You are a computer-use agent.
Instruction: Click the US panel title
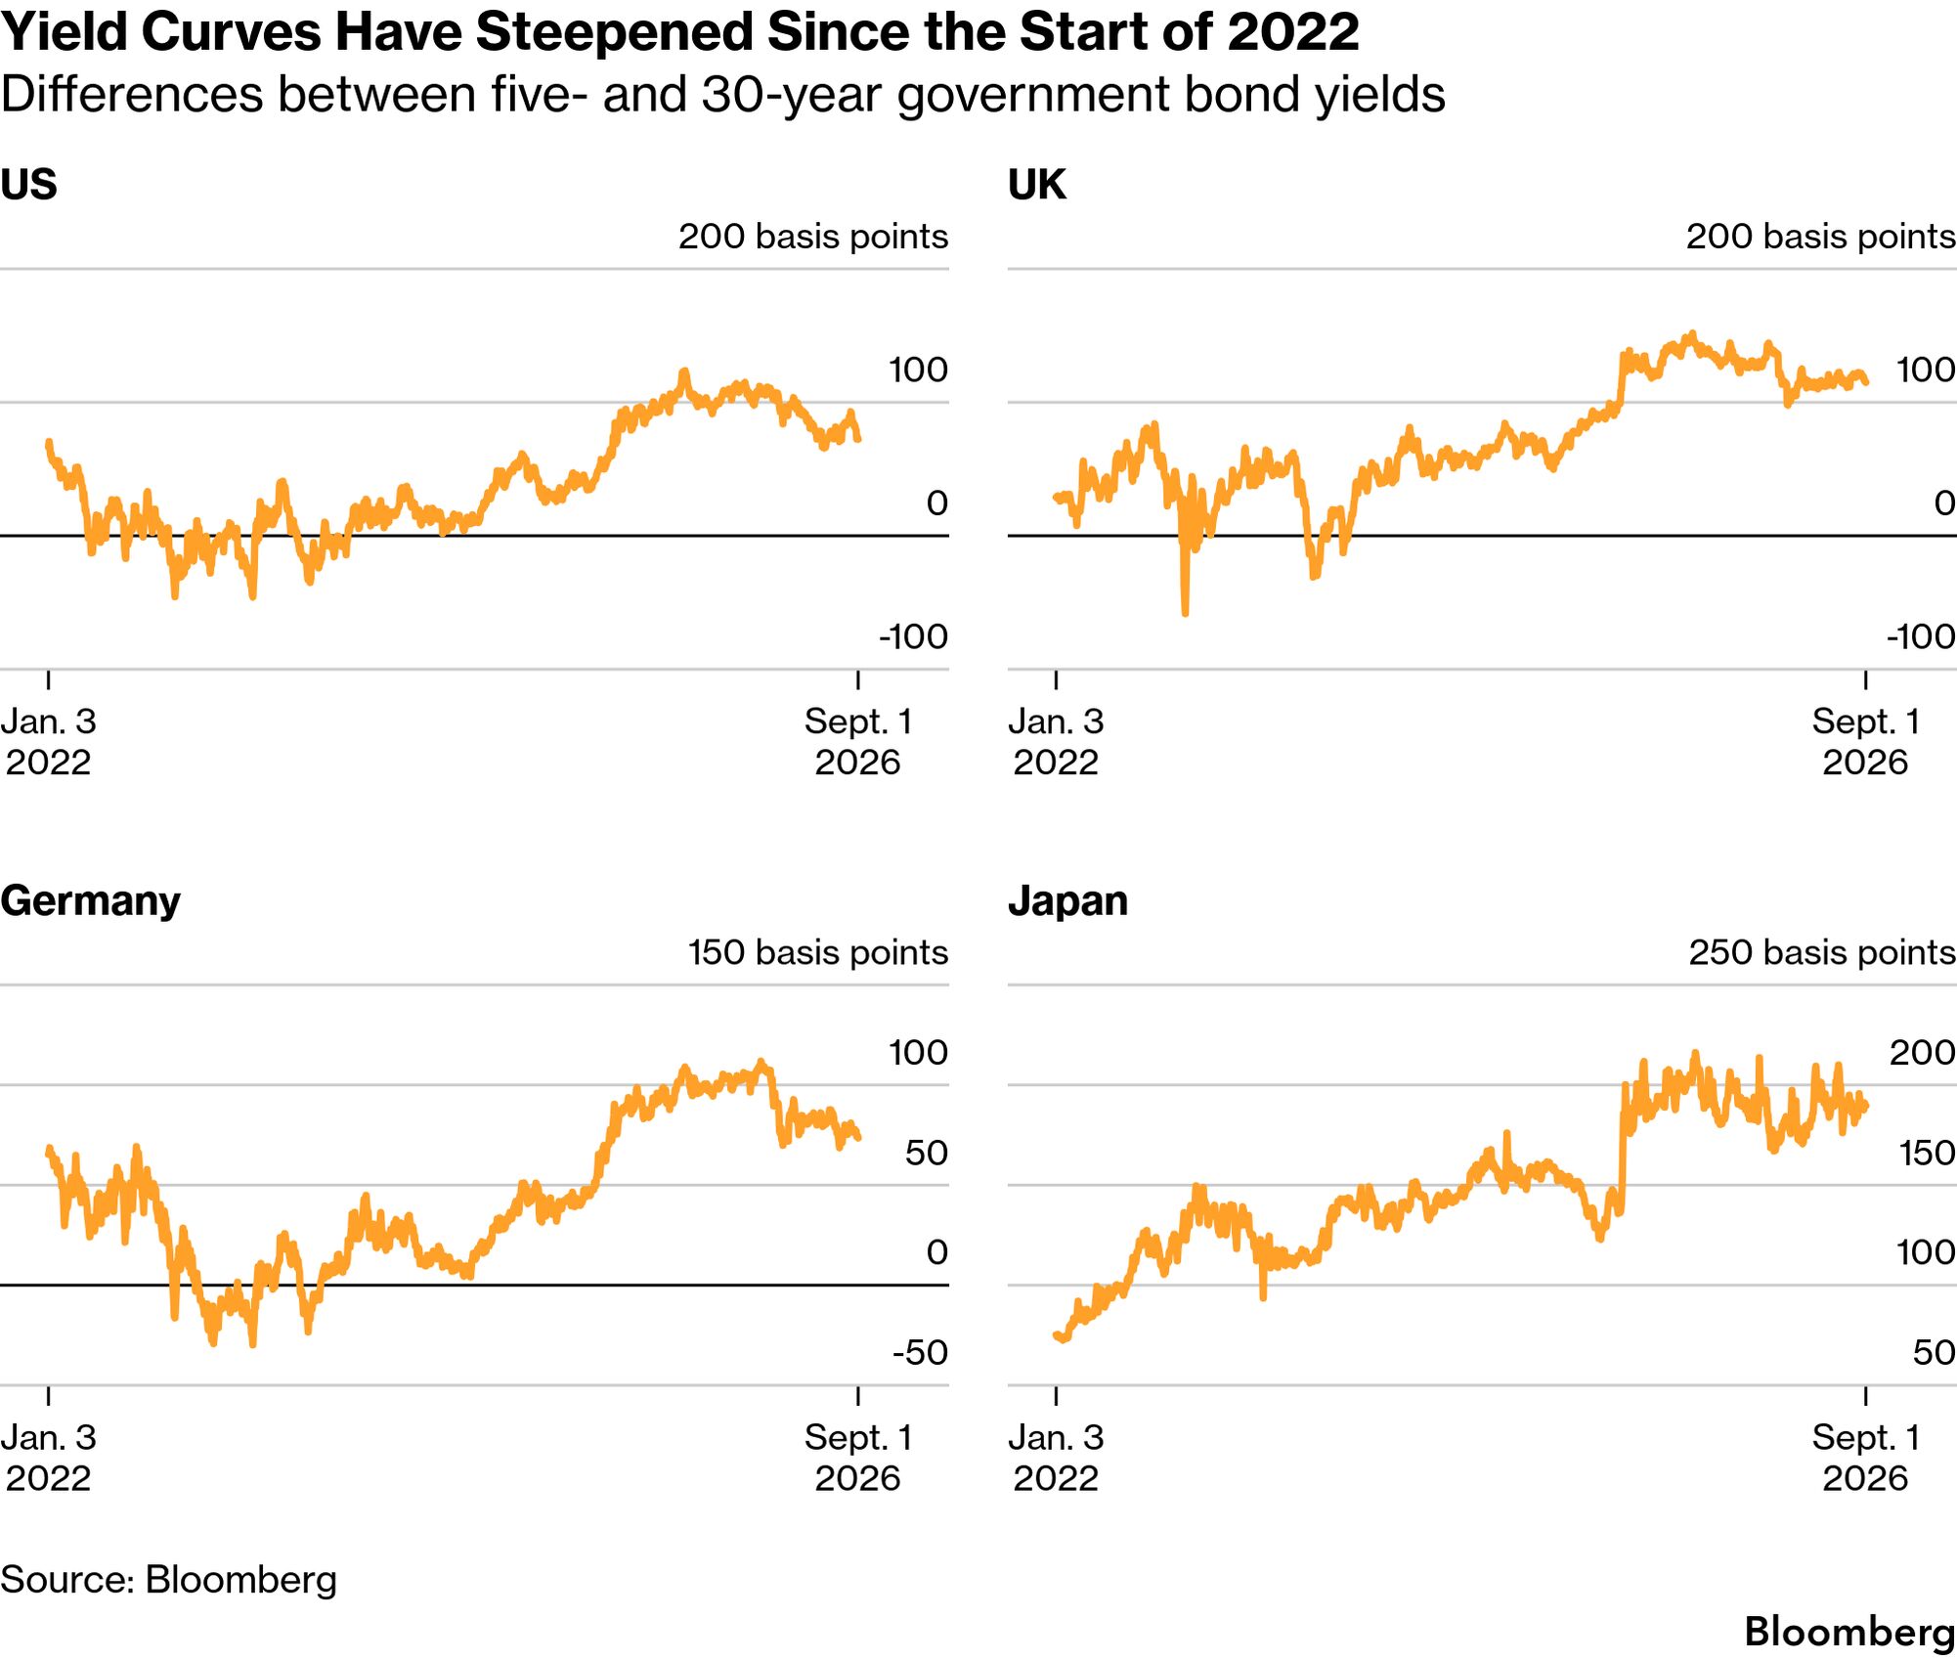click(x=28, y=184)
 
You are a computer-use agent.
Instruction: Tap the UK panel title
click(x=1036, y=184)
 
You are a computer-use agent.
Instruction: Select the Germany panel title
click(x=90, y=901)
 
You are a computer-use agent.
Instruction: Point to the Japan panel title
click(x=1067, y=901)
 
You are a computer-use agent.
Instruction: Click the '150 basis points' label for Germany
click(x=818, y=952)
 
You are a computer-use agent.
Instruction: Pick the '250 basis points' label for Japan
click(x=1822, y=952)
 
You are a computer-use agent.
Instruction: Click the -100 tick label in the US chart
click(x=913, y=636)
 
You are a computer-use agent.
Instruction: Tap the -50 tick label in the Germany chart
click(x=920, y=1352)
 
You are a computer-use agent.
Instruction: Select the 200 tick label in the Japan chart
click(x=1922, y=1052)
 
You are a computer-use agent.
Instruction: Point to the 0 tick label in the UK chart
click(x=1944, y=502)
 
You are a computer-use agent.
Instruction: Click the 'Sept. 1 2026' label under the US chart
click(x=857, y=742)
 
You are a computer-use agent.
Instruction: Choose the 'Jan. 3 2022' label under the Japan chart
click(x=1056, y=1458)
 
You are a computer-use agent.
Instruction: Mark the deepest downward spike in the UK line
click(x=1185, y=613)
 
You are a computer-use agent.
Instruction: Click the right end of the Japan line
click(x=1866, y=1106)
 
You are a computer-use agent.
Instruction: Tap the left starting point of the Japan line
click(x=1057, y=1334)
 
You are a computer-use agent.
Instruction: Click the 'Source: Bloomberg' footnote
click(x=168, y=1580)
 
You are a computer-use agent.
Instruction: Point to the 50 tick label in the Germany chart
click(x=926, y=1153)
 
